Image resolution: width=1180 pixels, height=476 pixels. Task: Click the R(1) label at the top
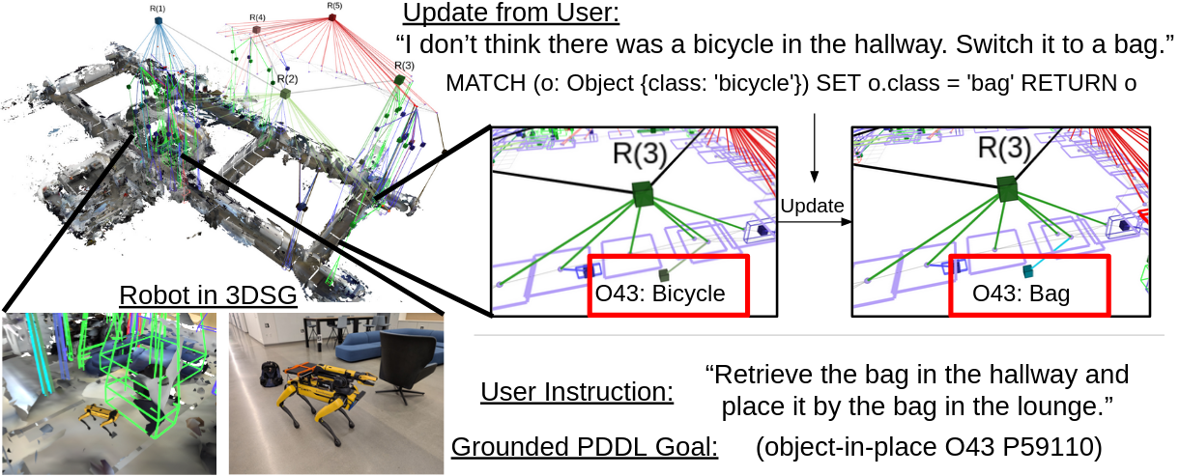click(158, 9)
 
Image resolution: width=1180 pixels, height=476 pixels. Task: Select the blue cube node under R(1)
click(158, 20)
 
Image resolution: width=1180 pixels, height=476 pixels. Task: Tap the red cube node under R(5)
click(332, 17)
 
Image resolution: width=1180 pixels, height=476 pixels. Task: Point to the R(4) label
click(257, 18)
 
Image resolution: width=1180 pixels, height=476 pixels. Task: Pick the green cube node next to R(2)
click(285, 94)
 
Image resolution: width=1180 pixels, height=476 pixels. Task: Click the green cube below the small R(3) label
click(399, 79)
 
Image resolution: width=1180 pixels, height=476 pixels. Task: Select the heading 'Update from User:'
click(511, 13)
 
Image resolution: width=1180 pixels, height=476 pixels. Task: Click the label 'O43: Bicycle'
click(659, 294)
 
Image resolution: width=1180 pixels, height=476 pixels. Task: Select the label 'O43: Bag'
click(1021, 294)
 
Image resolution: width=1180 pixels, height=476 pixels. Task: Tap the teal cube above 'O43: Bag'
click(1027, 271)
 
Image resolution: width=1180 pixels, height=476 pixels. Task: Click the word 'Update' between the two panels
click(812, 206)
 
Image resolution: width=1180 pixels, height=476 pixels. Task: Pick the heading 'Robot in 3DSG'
click(208, 295)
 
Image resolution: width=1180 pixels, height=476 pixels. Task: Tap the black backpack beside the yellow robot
click(271, 374)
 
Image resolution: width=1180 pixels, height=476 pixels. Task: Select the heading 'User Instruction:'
click(577, 392)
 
